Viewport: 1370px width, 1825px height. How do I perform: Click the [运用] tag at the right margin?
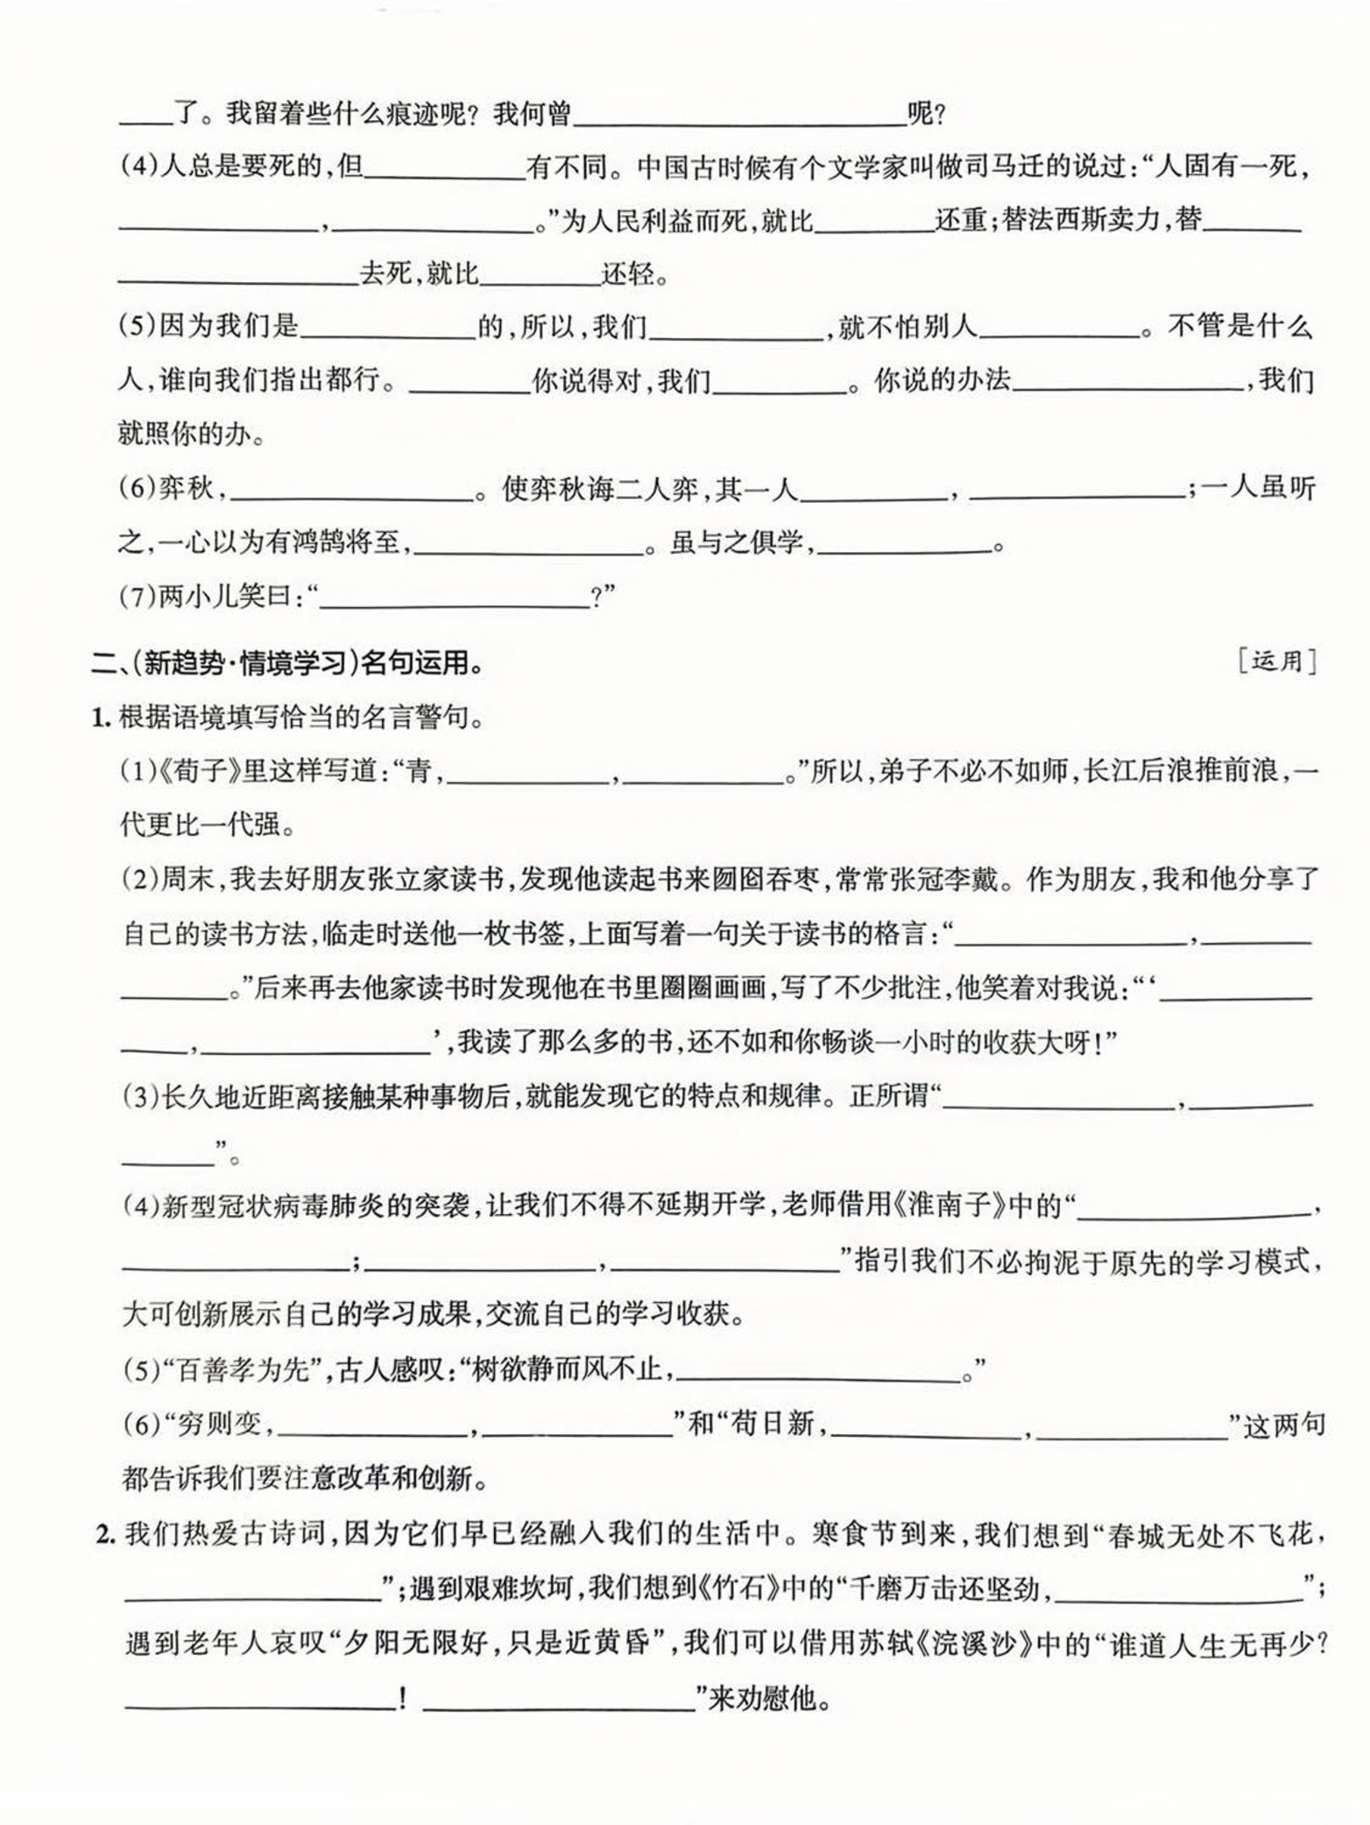(x=1277, y=662)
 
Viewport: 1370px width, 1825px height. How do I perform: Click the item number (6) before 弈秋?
(x=138, y=489)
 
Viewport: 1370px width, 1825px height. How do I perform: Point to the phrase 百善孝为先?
(x=237, y=1369)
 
